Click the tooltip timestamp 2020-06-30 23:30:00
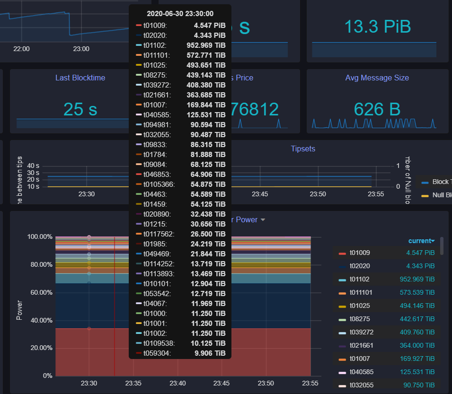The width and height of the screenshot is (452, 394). tap(180, 14)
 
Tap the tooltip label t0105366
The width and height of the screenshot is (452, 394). tap(159, 184)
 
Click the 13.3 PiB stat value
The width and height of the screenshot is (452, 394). tap(377, 26)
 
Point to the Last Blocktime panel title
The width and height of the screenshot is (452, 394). tap(80, 78)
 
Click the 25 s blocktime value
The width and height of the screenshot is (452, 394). tap(80, 109)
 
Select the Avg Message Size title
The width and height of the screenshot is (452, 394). tap(377, 78)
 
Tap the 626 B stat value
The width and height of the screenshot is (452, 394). tap(377, 109)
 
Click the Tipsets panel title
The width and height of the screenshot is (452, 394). tap(303, 149)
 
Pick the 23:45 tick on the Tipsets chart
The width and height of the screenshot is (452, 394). tap(260, 194)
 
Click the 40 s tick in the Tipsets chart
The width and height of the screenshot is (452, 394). tap(33, 166)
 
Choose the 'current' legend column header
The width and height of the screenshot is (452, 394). tap(421, 241)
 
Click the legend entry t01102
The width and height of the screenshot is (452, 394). tap(359, 279)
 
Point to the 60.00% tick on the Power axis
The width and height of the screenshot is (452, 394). tap(40, 292)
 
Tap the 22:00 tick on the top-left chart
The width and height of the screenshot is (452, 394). tap(21, 49)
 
